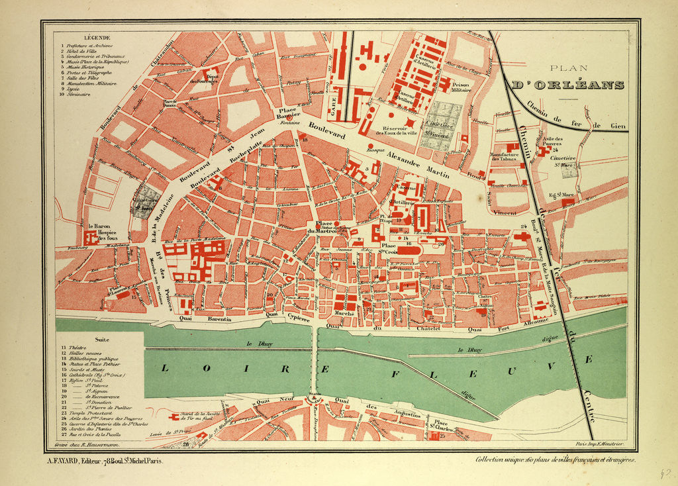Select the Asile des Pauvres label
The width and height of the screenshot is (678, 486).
[550, 141]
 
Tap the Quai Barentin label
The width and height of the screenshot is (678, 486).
[213, 319]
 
